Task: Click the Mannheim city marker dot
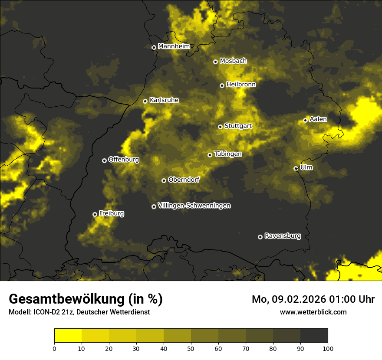tap(154, 48)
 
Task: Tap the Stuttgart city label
tap(238, 126)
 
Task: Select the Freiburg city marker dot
tap(95, 214)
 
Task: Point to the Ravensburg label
tap(282, 236)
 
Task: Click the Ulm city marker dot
tap(296, 168)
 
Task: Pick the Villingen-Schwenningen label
tap(194, 206)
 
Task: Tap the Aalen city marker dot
tap(305, 120)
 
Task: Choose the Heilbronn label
tap(241, 85)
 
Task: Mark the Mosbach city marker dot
tap(215, 62)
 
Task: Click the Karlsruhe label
tap(164, 100)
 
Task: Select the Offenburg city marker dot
tap(104, 160)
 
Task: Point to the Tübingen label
tap(227, 154)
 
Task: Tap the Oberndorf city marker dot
tap(164, 180)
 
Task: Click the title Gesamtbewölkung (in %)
tap(86, 299)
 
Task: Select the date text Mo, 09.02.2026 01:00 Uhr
tap(313, 299)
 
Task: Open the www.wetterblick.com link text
tap(313, 312)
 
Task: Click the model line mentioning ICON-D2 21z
tap(79, 312)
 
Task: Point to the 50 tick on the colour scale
tap(191, 348)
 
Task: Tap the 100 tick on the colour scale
tap(328, 348)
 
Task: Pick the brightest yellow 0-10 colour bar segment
tap(68, 336)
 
